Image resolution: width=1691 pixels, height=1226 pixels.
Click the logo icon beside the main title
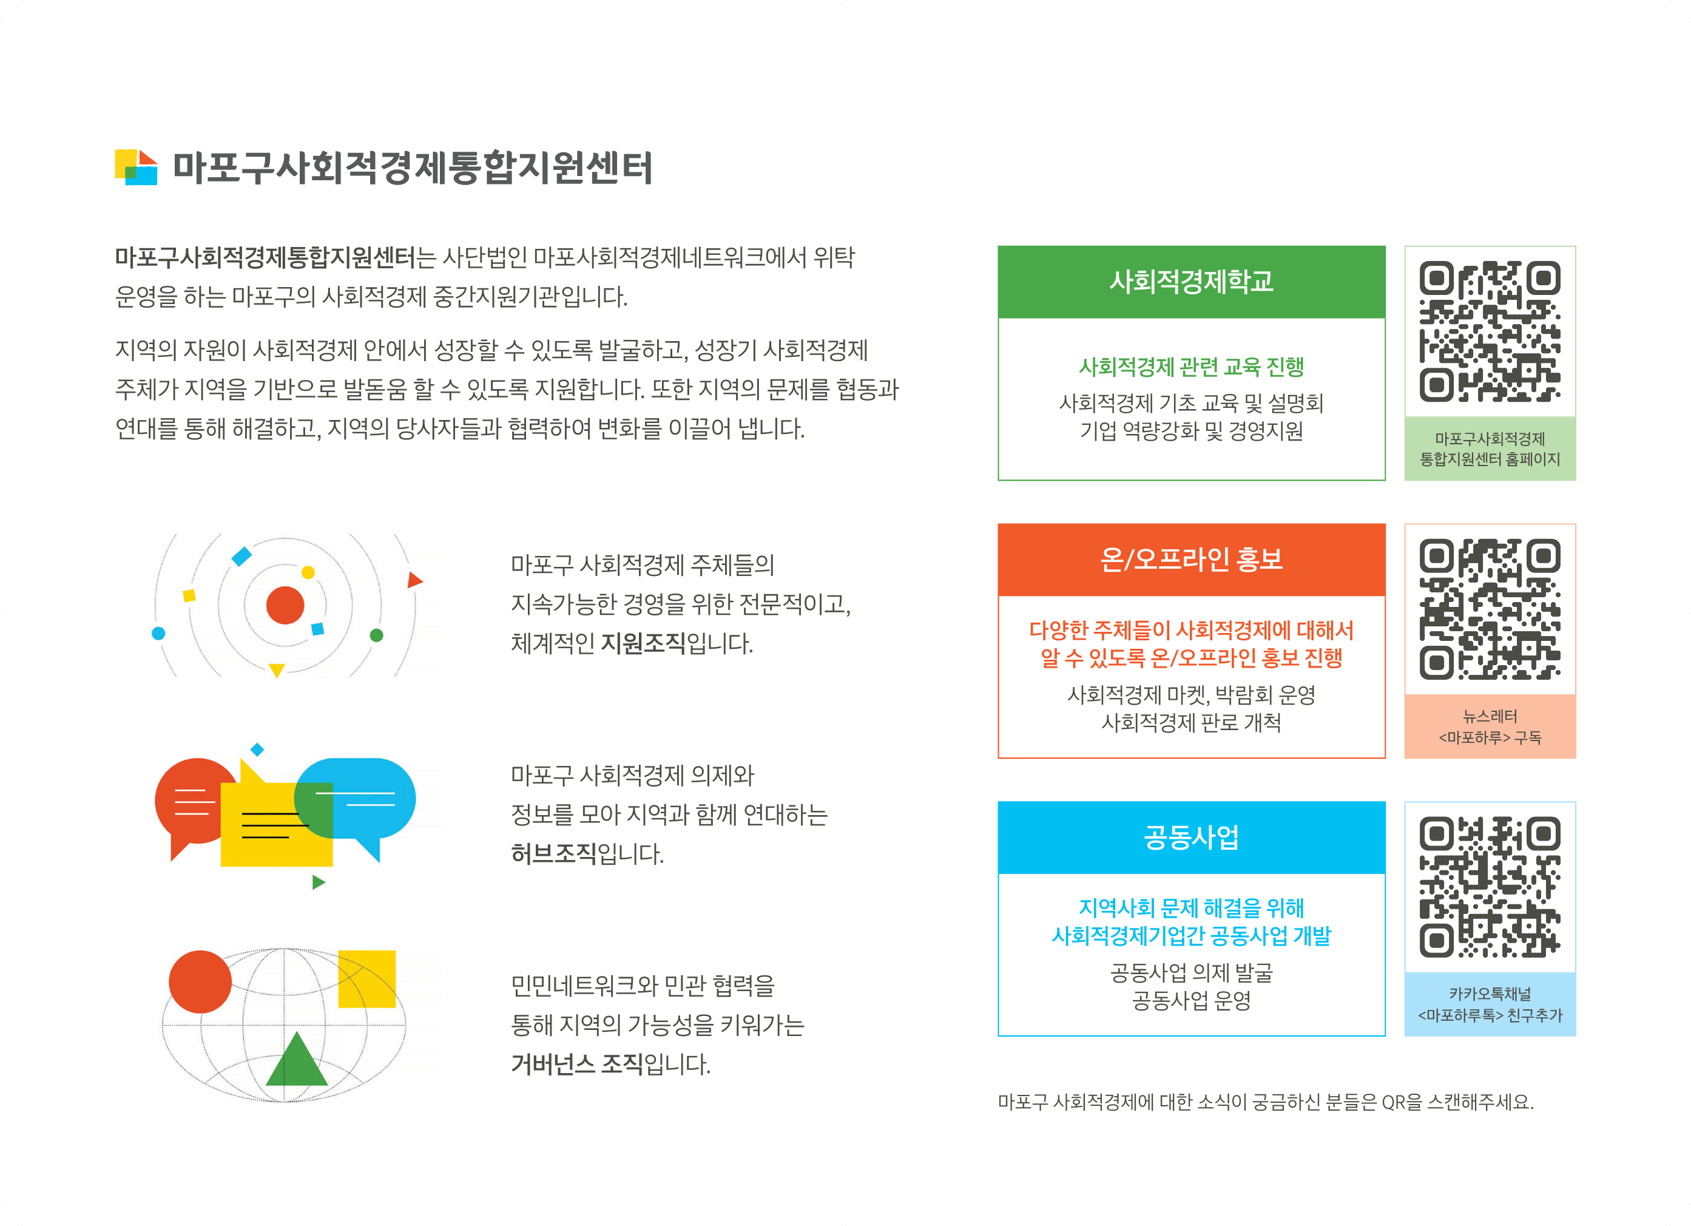136,167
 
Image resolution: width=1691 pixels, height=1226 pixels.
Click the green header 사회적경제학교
1190,282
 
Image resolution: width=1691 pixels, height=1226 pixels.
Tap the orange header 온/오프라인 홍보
1190,560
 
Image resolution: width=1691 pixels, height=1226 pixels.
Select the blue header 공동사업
1190,837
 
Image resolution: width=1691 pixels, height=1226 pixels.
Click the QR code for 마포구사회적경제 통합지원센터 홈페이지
1489,331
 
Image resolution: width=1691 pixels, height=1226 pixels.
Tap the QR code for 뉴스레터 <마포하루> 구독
1489,609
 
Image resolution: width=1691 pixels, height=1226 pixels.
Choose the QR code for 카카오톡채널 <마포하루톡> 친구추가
1489,887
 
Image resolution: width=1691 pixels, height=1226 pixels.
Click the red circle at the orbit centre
285,605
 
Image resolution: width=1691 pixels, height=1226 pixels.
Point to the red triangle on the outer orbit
414,580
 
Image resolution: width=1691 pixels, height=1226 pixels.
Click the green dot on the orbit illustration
377,635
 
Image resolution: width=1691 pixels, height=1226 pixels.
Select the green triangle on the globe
297,1058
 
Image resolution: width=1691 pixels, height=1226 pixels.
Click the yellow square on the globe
367,978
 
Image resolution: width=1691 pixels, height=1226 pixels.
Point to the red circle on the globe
200,981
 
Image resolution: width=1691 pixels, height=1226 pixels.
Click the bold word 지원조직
643,643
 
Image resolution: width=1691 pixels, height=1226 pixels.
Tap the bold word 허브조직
553,853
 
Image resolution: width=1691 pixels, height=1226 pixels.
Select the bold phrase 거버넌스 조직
576,1063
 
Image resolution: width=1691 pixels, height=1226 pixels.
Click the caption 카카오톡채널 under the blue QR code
1489,994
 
